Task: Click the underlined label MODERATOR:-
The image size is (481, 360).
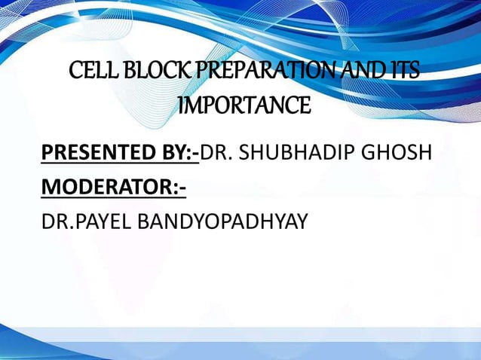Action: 113,188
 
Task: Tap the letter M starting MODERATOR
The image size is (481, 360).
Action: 51,188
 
